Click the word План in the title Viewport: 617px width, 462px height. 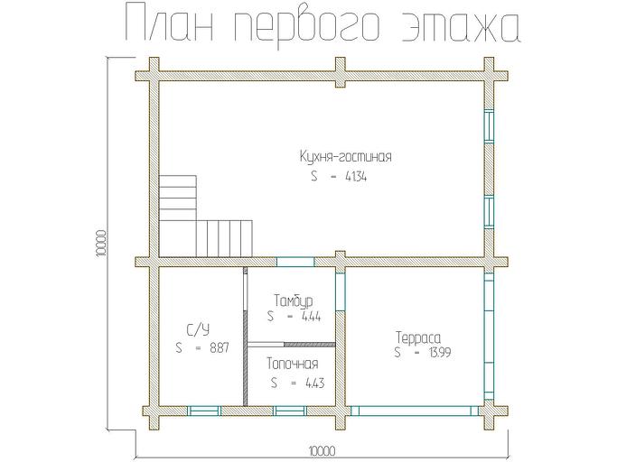tap(171, 24)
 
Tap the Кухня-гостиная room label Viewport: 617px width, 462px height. tap(345, 157)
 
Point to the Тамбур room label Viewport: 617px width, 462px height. tap(293, 300)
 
